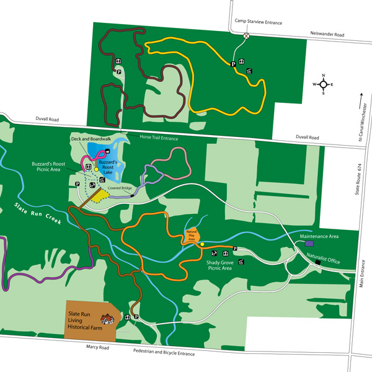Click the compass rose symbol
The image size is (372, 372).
point(323,84)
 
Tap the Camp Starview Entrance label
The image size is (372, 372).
point(258,22)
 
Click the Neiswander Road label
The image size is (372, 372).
point(326,35)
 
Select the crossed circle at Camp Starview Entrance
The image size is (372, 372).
point(247,35)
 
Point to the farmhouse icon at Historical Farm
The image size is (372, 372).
point(107,318)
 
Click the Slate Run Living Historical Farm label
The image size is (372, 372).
point(84,315)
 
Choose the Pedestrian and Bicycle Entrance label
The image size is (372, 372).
point(164,354)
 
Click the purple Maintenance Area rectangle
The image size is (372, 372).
point(308,244)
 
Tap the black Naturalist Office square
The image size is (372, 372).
point(317,263)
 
